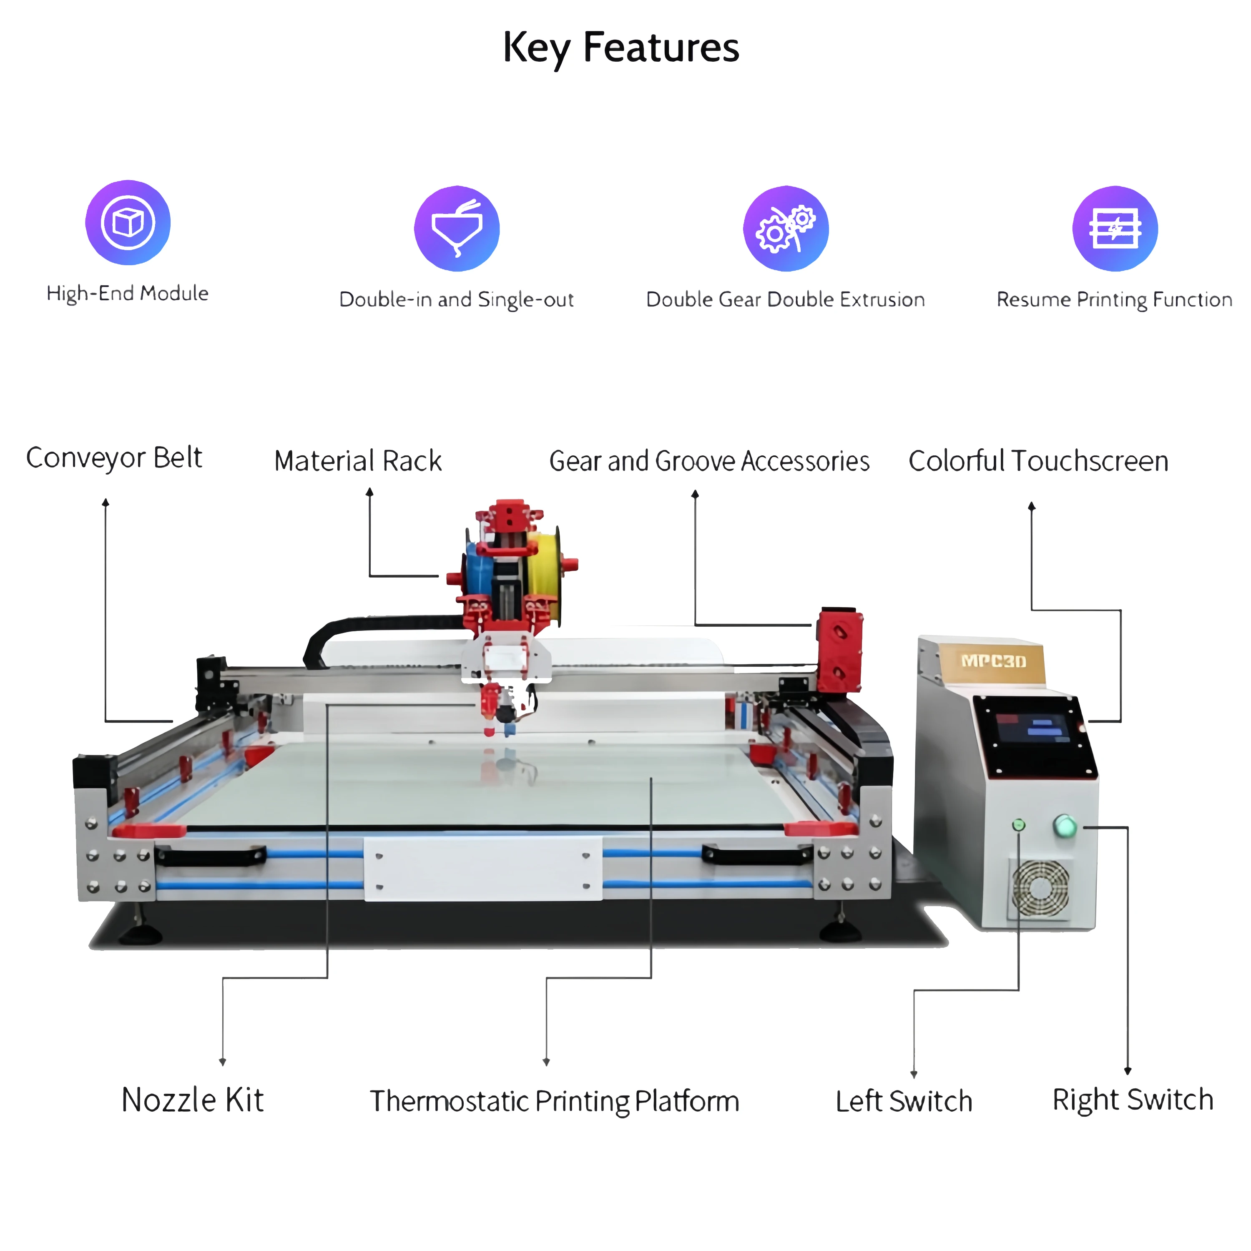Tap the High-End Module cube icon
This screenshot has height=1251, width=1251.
pos(128,222)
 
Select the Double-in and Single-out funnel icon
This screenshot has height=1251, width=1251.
pos(457,228)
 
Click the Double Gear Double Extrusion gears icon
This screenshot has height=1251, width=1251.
pos(786,228)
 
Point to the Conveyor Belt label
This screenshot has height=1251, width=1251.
pos(114,458)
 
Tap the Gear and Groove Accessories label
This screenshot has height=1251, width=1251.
pos(709,461)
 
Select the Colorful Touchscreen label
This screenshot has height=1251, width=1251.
pos(1038,461)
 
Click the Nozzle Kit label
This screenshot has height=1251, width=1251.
pos(192,1100)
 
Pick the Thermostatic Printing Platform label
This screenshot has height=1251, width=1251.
pos(554,1101)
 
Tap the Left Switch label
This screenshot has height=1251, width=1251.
pos(904,1101)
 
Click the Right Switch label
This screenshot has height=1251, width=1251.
pos(1133,1100)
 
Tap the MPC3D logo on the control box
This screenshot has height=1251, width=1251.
pos(993,661)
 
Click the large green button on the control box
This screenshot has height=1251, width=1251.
pos(1065,826)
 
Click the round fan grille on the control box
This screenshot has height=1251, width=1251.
pos(1040,887)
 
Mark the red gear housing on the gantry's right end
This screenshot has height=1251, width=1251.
pos(839,649)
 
